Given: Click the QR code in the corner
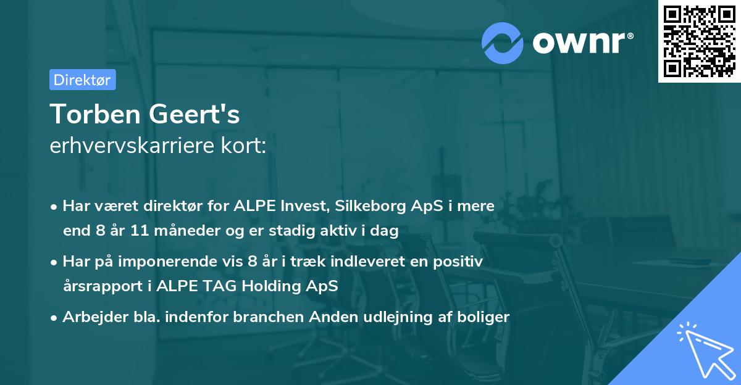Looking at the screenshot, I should click(699, 41).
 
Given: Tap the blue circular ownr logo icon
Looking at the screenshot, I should click(503, 43).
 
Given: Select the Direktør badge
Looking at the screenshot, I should click(82, 80).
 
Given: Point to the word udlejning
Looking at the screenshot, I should click(406, 317).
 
